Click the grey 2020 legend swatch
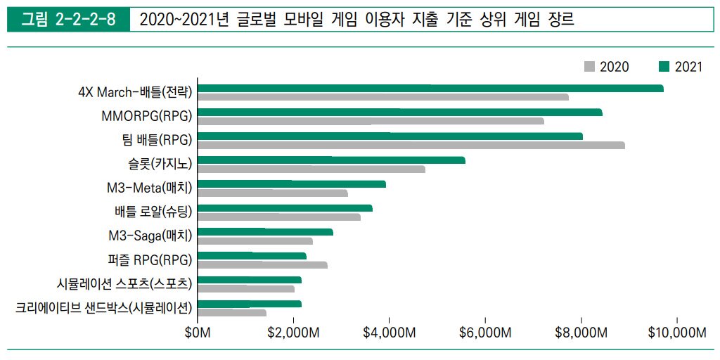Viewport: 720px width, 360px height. (x=589, y=67)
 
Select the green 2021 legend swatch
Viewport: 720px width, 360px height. (x=664, y=67)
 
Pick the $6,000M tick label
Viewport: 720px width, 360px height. (x=485, y=333)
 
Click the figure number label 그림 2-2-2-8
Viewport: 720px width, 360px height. (x=68, y=20)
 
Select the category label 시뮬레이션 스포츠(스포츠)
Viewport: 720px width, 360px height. (x=125, y=283)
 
